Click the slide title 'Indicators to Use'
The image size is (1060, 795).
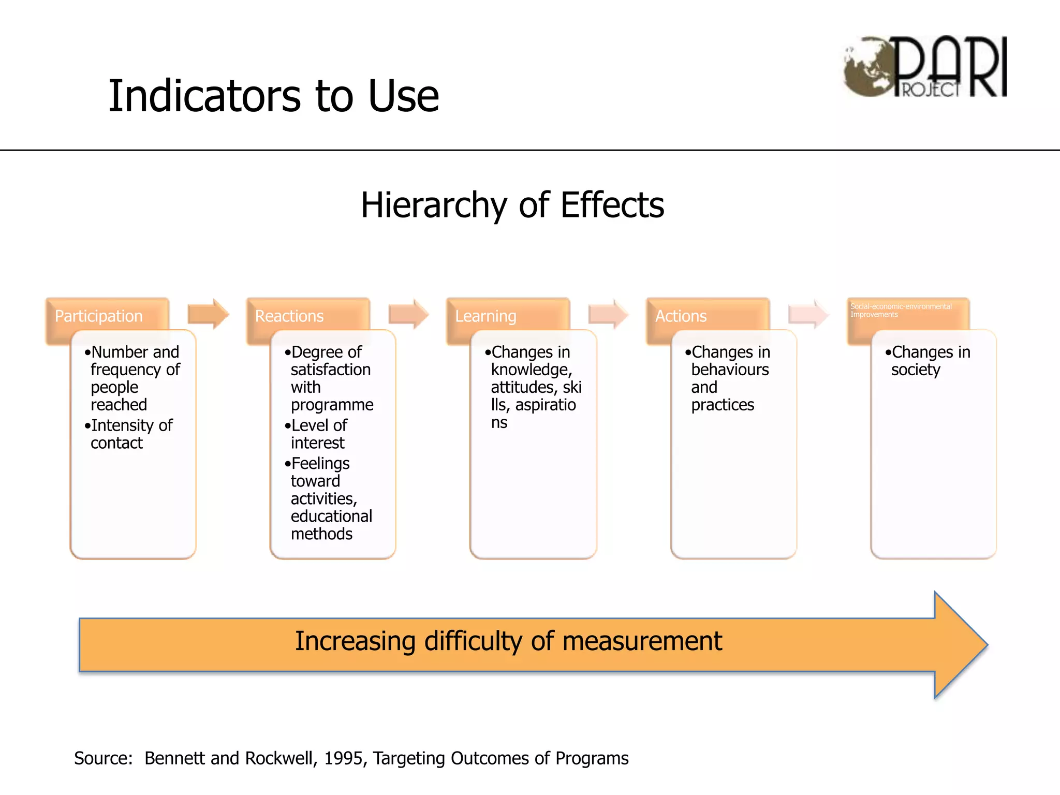pos(273,96)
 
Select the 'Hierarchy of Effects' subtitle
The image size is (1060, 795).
pos(512,205)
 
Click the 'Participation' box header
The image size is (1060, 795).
pos(98,316)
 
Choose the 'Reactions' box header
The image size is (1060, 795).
pos(289,316)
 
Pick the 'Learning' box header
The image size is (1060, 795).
pos(485,316)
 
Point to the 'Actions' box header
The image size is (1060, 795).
pos(681,316)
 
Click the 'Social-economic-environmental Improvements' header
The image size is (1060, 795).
pos(901,311)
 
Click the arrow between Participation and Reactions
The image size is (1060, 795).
pos(208,314)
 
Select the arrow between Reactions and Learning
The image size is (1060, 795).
pos(408,314)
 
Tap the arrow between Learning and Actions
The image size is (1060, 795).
pos(608,314)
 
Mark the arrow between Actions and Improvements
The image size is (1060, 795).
pos(808,314)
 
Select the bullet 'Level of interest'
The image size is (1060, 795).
pos(318,434)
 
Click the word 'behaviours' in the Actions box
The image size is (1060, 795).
pos(730,370)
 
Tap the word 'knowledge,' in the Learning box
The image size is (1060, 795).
pos(532,370)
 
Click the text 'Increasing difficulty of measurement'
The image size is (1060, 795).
pos(508,641)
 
